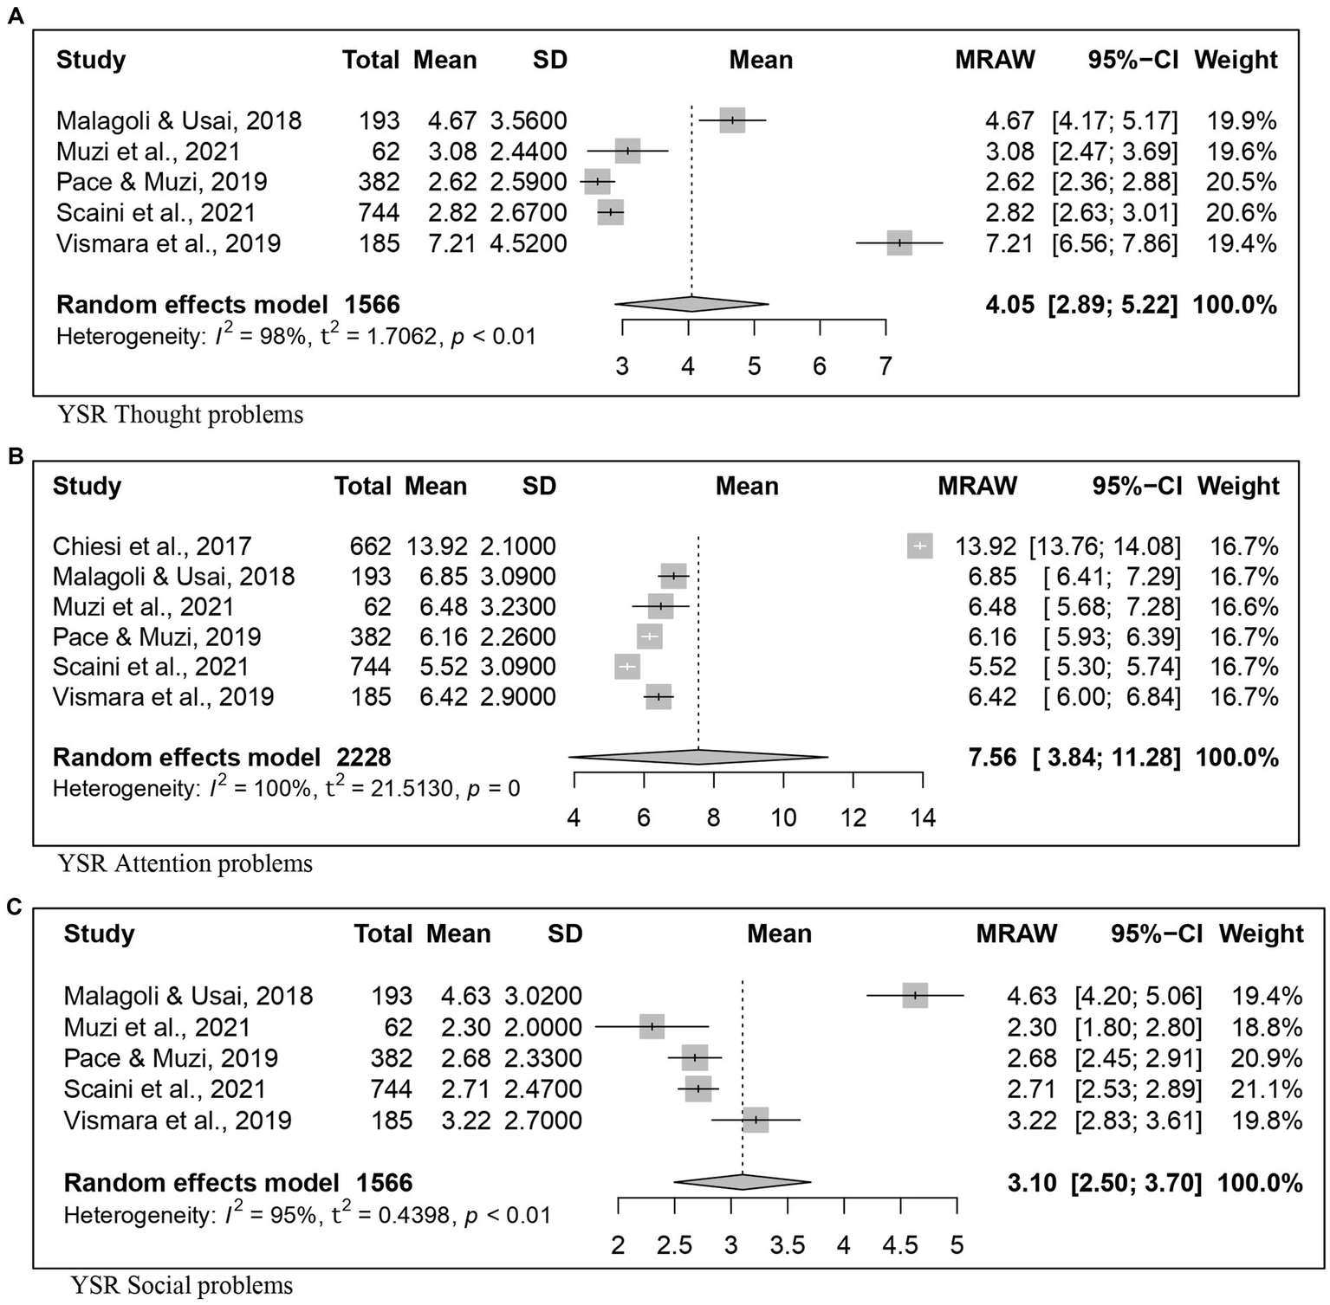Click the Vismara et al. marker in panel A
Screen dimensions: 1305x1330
coord(899,243)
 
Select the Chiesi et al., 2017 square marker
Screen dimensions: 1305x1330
coord(920,546)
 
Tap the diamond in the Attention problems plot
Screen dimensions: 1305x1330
coord(698,758)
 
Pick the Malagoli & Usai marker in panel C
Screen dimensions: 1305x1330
coord(915,996)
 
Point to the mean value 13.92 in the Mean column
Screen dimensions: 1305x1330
coord(437,546)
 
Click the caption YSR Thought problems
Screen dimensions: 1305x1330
coord(180,415)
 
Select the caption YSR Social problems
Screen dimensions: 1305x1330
coord(182,1285)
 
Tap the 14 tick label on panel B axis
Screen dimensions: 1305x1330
coord(923,817)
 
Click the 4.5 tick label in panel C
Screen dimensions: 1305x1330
coord(900,1245)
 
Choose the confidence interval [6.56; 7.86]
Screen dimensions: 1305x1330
coord(1114,243)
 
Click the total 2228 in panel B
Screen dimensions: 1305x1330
coord(364,758)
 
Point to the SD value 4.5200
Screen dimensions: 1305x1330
coord(529,243)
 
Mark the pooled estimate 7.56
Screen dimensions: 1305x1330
coord(992,758)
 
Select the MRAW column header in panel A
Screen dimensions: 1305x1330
coord(995,60)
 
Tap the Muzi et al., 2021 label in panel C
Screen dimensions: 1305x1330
coord(157,1027)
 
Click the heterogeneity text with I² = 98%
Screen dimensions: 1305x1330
coord(296,336)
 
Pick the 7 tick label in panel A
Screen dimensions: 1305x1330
coord(886,366)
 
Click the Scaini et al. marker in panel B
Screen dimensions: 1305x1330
coord(626,667)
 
